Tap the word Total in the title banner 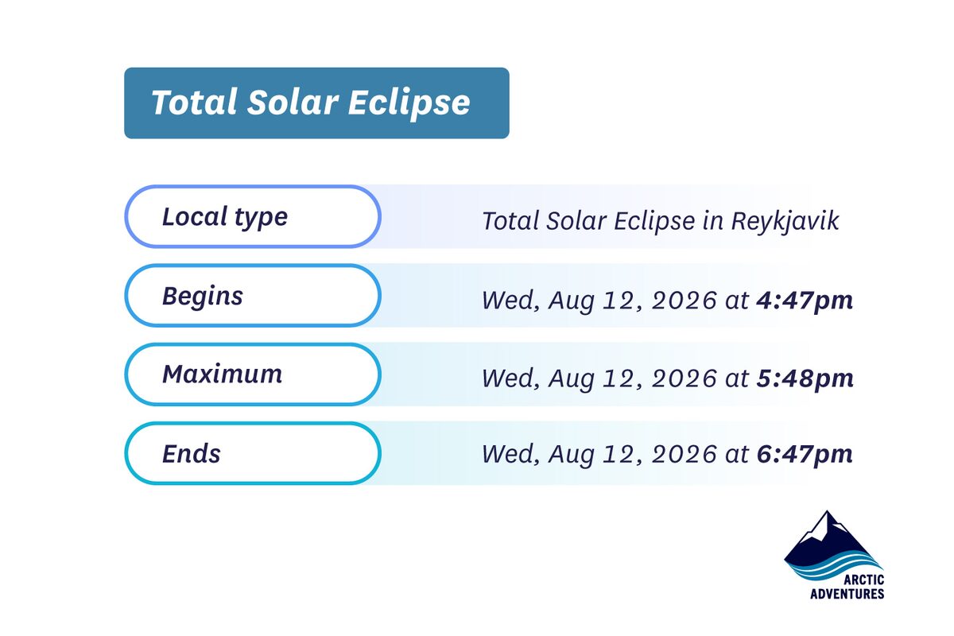[x=186, y=103]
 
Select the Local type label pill [x=253, y=217]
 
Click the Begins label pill [x=253, y=296]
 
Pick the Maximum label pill [x=253, y=374]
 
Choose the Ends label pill [x=253, y=453]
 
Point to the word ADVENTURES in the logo [x=847, y=594]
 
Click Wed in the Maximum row [x=504, y=378]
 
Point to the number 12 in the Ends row [x=613, y=454]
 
